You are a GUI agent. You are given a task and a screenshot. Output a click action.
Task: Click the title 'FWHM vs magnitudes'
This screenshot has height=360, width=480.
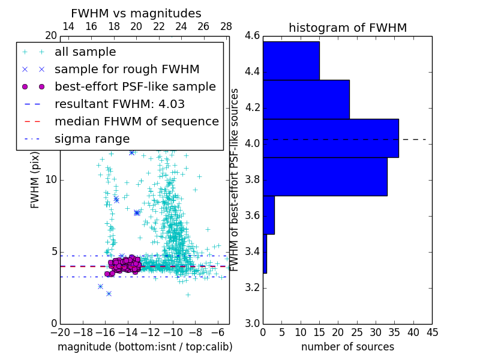pyautogui.click(x=136, y=13)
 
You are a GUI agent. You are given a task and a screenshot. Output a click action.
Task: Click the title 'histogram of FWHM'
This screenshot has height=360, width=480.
pyautogui.click(x=347, y=28)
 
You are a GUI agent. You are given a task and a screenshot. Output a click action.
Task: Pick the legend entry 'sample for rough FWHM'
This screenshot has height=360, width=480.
pyautogui.click(x=127, y=70)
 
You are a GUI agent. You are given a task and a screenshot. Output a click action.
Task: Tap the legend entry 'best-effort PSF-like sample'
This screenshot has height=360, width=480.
pyautogui.click(x=135, y=87)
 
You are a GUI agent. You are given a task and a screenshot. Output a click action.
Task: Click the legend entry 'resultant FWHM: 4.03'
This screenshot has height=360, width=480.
pyautogui.click(x=119, y=104)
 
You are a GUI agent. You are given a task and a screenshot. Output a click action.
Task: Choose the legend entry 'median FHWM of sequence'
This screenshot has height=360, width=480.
pyautogui.click(x=136, y=122)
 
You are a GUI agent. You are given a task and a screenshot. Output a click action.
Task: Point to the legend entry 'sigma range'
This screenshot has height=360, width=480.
pyautogui.click(x=92, y=139)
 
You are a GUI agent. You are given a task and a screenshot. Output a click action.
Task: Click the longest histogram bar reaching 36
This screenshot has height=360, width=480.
pyautogui.click(x=331, y=138)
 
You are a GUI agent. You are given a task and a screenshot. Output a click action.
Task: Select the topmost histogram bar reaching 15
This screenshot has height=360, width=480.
pyautogui.click(x=291, y=60)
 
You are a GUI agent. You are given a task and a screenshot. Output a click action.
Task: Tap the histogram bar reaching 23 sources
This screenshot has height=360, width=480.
pyautogui.click(x=306, y=99)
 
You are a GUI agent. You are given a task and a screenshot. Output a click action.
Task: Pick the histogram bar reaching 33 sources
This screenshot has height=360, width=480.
pyautogui.click(x=325, y=176)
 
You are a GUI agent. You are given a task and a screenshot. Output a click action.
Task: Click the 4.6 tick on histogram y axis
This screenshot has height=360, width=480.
pyautogui.click(x=253, y=36)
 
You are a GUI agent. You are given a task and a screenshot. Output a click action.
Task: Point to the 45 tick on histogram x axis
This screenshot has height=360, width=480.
pyautogui.click(x=431, y=332)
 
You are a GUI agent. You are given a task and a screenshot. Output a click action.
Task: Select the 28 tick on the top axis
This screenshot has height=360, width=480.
pyautogui.click(x=226, y=27)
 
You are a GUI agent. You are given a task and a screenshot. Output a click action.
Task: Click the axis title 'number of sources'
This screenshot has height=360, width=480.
pyautogui.click(x=347, y=347)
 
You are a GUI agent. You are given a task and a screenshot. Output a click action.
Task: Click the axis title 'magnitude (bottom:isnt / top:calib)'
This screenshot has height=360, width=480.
pyautogui.click(x=145, y=347)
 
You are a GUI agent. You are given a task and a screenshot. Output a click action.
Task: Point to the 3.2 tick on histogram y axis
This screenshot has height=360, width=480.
pyautogui.click(x=253, y=287)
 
